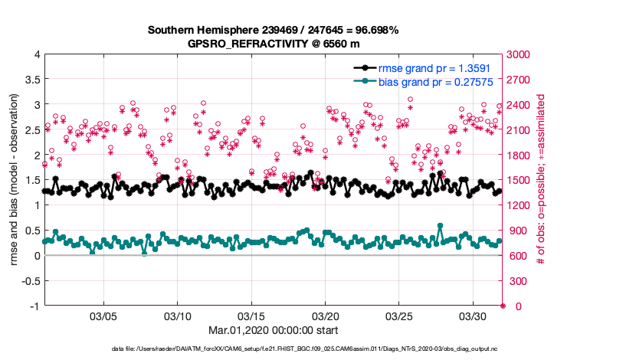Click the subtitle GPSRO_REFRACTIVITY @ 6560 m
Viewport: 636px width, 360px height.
tap(274, 44)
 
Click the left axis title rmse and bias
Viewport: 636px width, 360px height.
tap(15, 180)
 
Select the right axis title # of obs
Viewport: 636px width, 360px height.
tap(541, 180)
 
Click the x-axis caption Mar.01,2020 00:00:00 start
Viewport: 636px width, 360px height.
tap(274, 330)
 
